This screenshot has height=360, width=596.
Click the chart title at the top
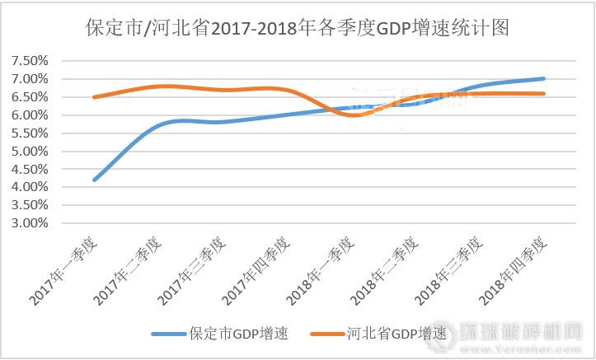click(x=298, y=28)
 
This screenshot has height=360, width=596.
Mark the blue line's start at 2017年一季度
click(x=94, y=180)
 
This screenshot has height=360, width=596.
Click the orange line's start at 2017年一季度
click(x=94, y=97)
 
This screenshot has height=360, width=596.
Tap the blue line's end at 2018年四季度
click(x=544, y=79)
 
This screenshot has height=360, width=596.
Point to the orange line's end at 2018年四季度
click(x=544, y=94)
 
